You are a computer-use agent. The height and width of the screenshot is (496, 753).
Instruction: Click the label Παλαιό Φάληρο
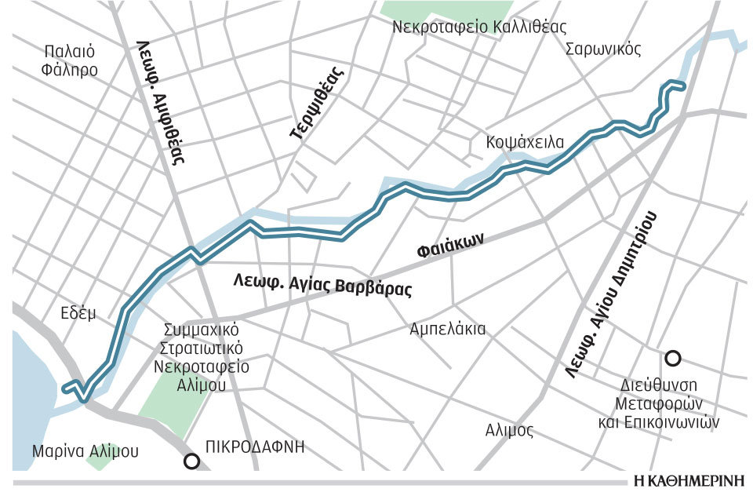[x=71, y=61]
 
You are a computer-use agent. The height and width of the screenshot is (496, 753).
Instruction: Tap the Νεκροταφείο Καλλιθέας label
[x=482, y=27]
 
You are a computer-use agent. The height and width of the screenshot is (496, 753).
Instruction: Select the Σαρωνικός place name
[x=603, y=49]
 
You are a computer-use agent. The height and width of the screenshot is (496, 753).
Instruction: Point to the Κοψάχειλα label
[x=525, y=143]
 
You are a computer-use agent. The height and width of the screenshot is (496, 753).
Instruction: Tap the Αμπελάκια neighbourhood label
[x=448, y=329]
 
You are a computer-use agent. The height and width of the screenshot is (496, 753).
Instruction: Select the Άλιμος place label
[x=509, y=430]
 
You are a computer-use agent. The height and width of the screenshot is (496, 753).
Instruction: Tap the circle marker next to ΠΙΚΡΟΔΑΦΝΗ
[x=191, y=461]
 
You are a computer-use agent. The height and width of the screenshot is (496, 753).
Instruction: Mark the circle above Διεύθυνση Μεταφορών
[x=672, y=359]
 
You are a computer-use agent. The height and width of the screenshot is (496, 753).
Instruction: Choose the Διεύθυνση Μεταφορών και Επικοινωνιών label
[x=667, y=403]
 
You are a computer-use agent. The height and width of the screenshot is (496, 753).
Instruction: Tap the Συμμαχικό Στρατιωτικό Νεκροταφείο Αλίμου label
[x=195, y=356]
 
